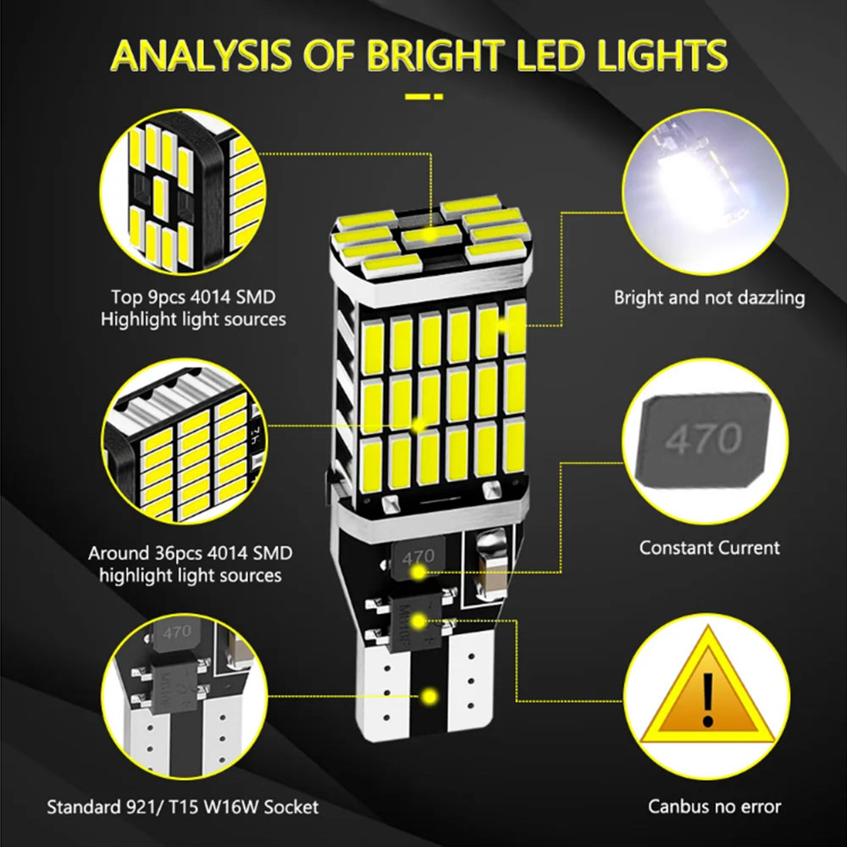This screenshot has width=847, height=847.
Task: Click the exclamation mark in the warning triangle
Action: pyautogui.click(x=707, y=700)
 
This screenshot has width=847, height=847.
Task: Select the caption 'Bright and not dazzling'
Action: pyautogui.click(x=709, y=297)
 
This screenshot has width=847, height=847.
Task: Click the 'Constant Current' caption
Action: pyautogui.click(x=709, y=548)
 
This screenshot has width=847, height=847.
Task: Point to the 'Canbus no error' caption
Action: pyautogui.click(x=714, y=806)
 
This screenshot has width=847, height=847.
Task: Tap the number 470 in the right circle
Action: pyautogui.click(x=703, y=439)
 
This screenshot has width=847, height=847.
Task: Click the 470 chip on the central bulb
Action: pyautogui.click(x=418, y=558)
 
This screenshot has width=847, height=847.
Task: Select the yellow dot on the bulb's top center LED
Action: pyautogui.click(x=430, y=235)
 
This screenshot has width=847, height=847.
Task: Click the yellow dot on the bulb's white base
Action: pyautogui.click(x=429, y=697)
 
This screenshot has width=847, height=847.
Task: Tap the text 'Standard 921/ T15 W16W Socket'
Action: pyautogui.click(x=183, y=807)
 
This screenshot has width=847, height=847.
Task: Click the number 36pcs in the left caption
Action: pyautogui.click(x=178, y=553)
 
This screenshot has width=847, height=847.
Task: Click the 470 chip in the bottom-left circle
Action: pyautogui.click(x=176, y=633)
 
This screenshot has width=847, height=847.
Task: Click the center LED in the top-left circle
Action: pyautogui.click(x=160, y=197)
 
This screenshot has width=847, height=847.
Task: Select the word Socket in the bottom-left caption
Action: pyautogui.click(x=291, y=807)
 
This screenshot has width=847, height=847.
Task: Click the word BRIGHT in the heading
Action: pyautogui.click(x=436, y=56)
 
